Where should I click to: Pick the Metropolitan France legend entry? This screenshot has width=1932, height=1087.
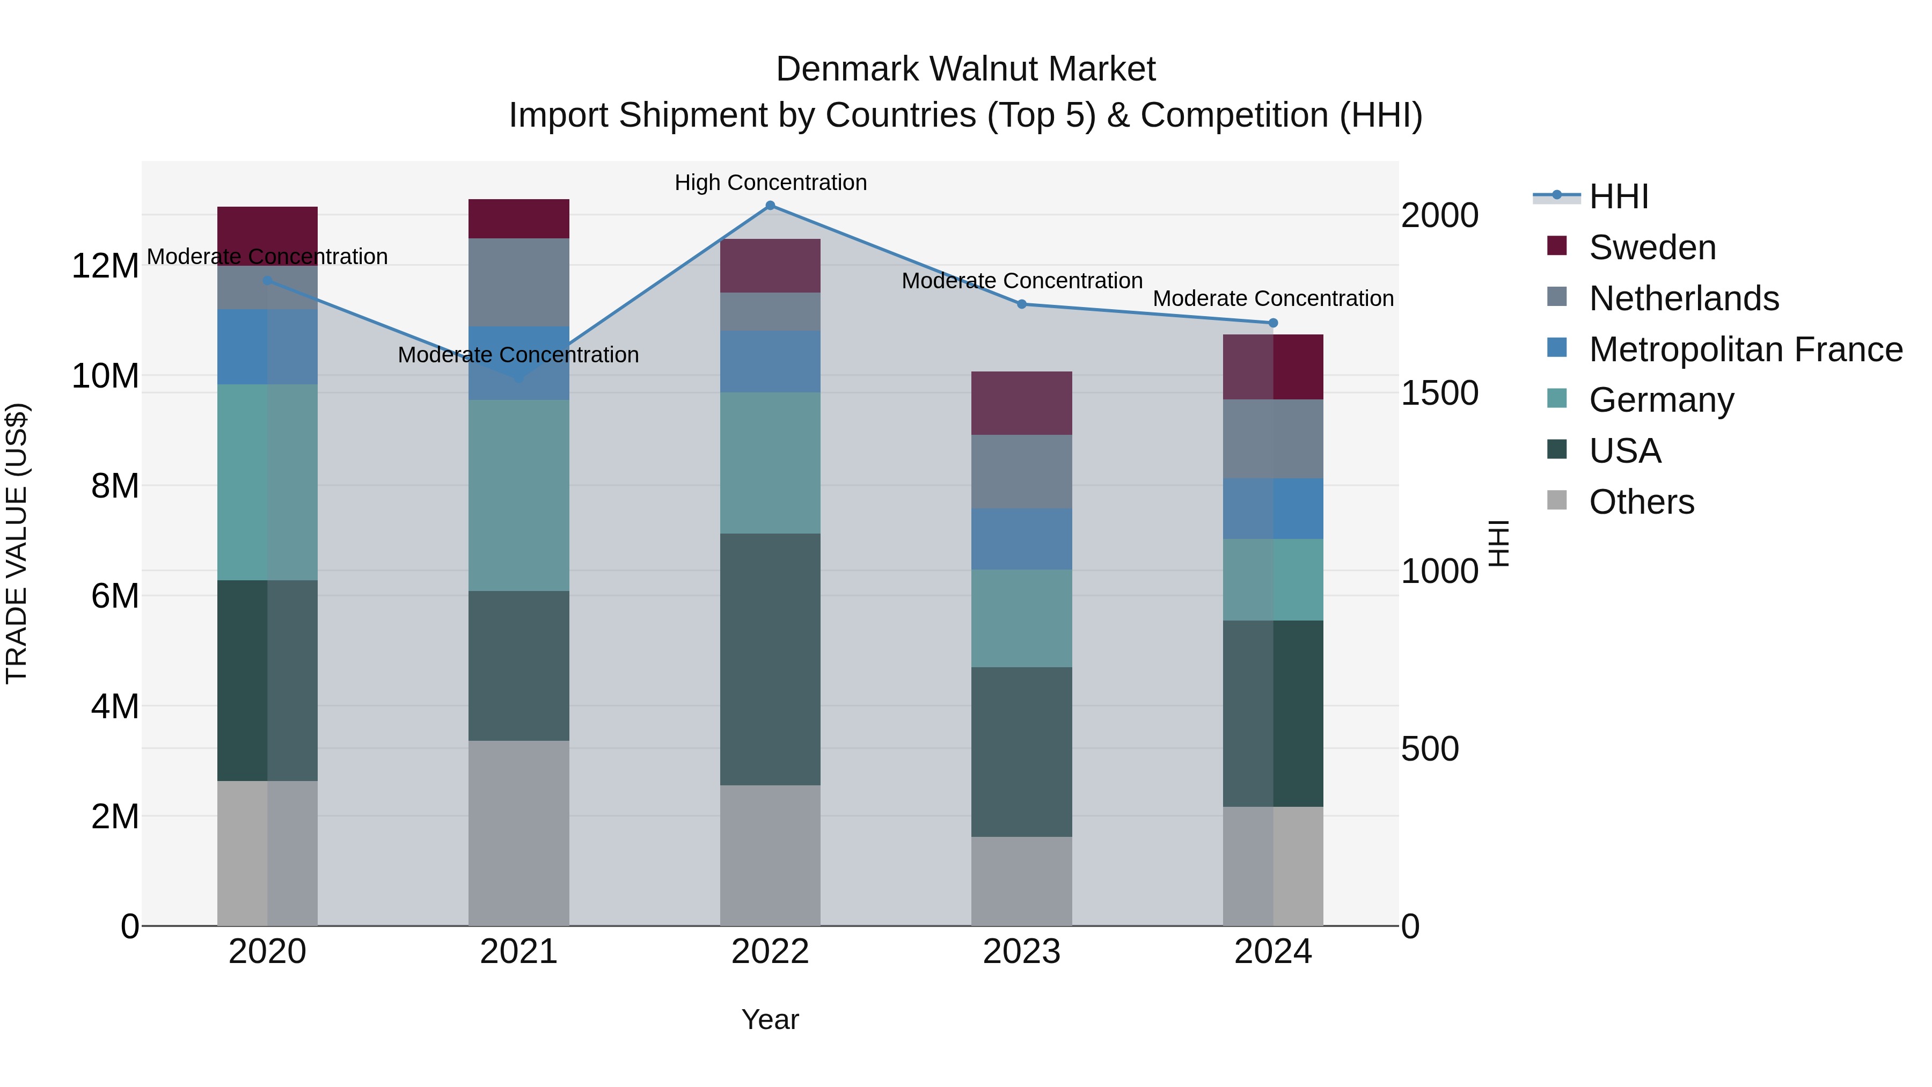tap(1745, 349)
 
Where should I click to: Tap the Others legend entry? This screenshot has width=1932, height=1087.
tap(1641, 502)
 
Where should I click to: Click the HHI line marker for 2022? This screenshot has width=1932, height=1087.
tap(770, 206)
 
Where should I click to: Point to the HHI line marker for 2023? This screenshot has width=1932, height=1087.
tap(1021, 304)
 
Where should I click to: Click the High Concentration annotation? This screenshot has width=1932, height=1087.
tap(770, 183)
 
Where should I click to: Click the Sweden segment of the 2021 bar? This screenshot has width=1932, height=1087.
tap(519, 219)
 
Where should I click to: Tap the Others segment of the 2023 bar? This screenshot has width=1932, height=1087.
tap(1021, 881)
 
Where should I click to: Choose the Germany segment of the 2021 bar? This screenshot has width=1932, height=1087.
tap(519, 495)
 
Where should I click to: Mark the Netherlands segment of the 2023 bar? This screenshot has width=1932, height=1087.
tap(1021, 472)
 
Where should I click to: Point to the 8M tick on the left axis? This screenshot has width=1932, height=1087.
tap(115, 486)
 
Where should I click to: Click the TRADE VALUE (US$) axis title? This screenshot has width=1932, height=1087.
tap(17, 543)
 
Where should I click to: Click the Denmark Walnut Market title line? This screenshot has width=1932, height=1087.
tap(965, 69)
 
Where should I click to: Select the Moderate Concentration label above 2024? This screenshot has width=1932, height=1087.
tap(1273, 298)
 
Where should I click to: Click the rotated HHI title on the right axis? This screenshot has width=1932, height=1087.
tap(1498, 543)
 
